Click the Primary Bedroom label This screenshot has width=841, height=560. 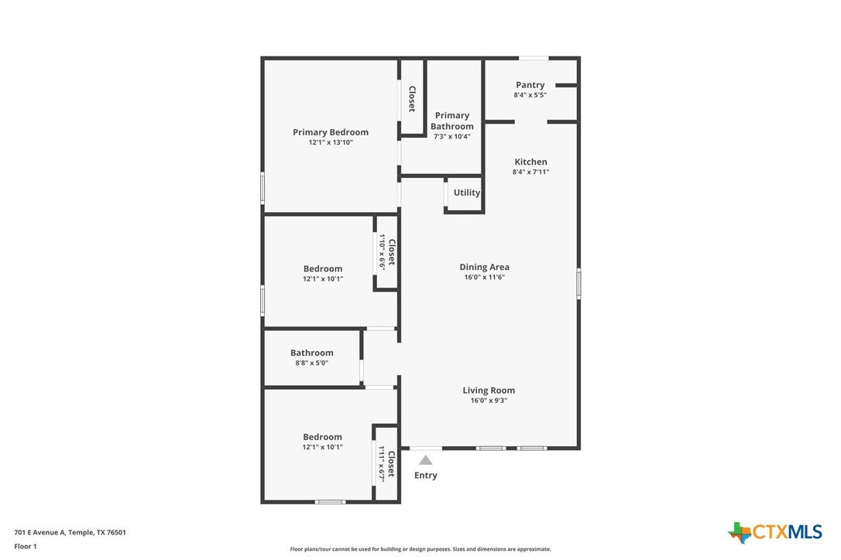click(331, 131)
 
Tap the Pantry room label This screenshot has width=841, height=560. click(530, 84)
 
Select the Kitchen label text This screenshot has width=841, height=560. click(530, 162)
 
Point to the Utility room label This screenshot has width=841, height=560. click(467, 193)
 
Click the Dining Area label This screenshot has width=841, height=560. click(484, 267)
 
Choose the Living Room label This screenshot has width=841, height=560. click(489, 390)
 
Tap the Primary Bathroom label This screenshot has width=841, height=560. click(452, 121)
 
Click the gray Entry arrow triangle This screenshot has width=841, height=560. click(426, 459)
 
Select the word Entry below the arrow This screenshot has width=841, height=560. click(426, 476)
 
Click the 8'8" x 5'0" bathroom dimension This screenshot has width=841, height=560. click(311, 363)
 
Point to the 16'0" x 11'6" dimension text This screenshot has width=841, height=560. click(484, 277)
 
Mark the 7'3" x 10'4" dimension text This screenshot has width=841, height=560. click(451, 136)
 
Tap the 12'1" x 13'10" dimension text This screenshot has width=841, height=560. click(331, 142)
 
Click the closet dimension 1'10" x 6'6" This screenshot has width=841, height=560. click(382, 252)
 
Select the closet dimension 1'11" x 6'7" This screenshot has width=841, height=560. click(382, 464)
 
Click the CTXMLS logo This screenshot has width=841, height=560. click(775, 532)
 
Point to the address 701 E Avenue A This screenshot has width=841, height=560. click(39, 532)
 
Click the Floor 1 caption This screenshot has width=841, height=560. click(26, 547)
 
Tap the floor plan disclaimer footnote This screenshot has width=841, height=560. click(420, 548)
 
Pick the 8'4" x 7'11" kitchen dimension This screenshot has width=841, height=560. click(530, 172)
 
